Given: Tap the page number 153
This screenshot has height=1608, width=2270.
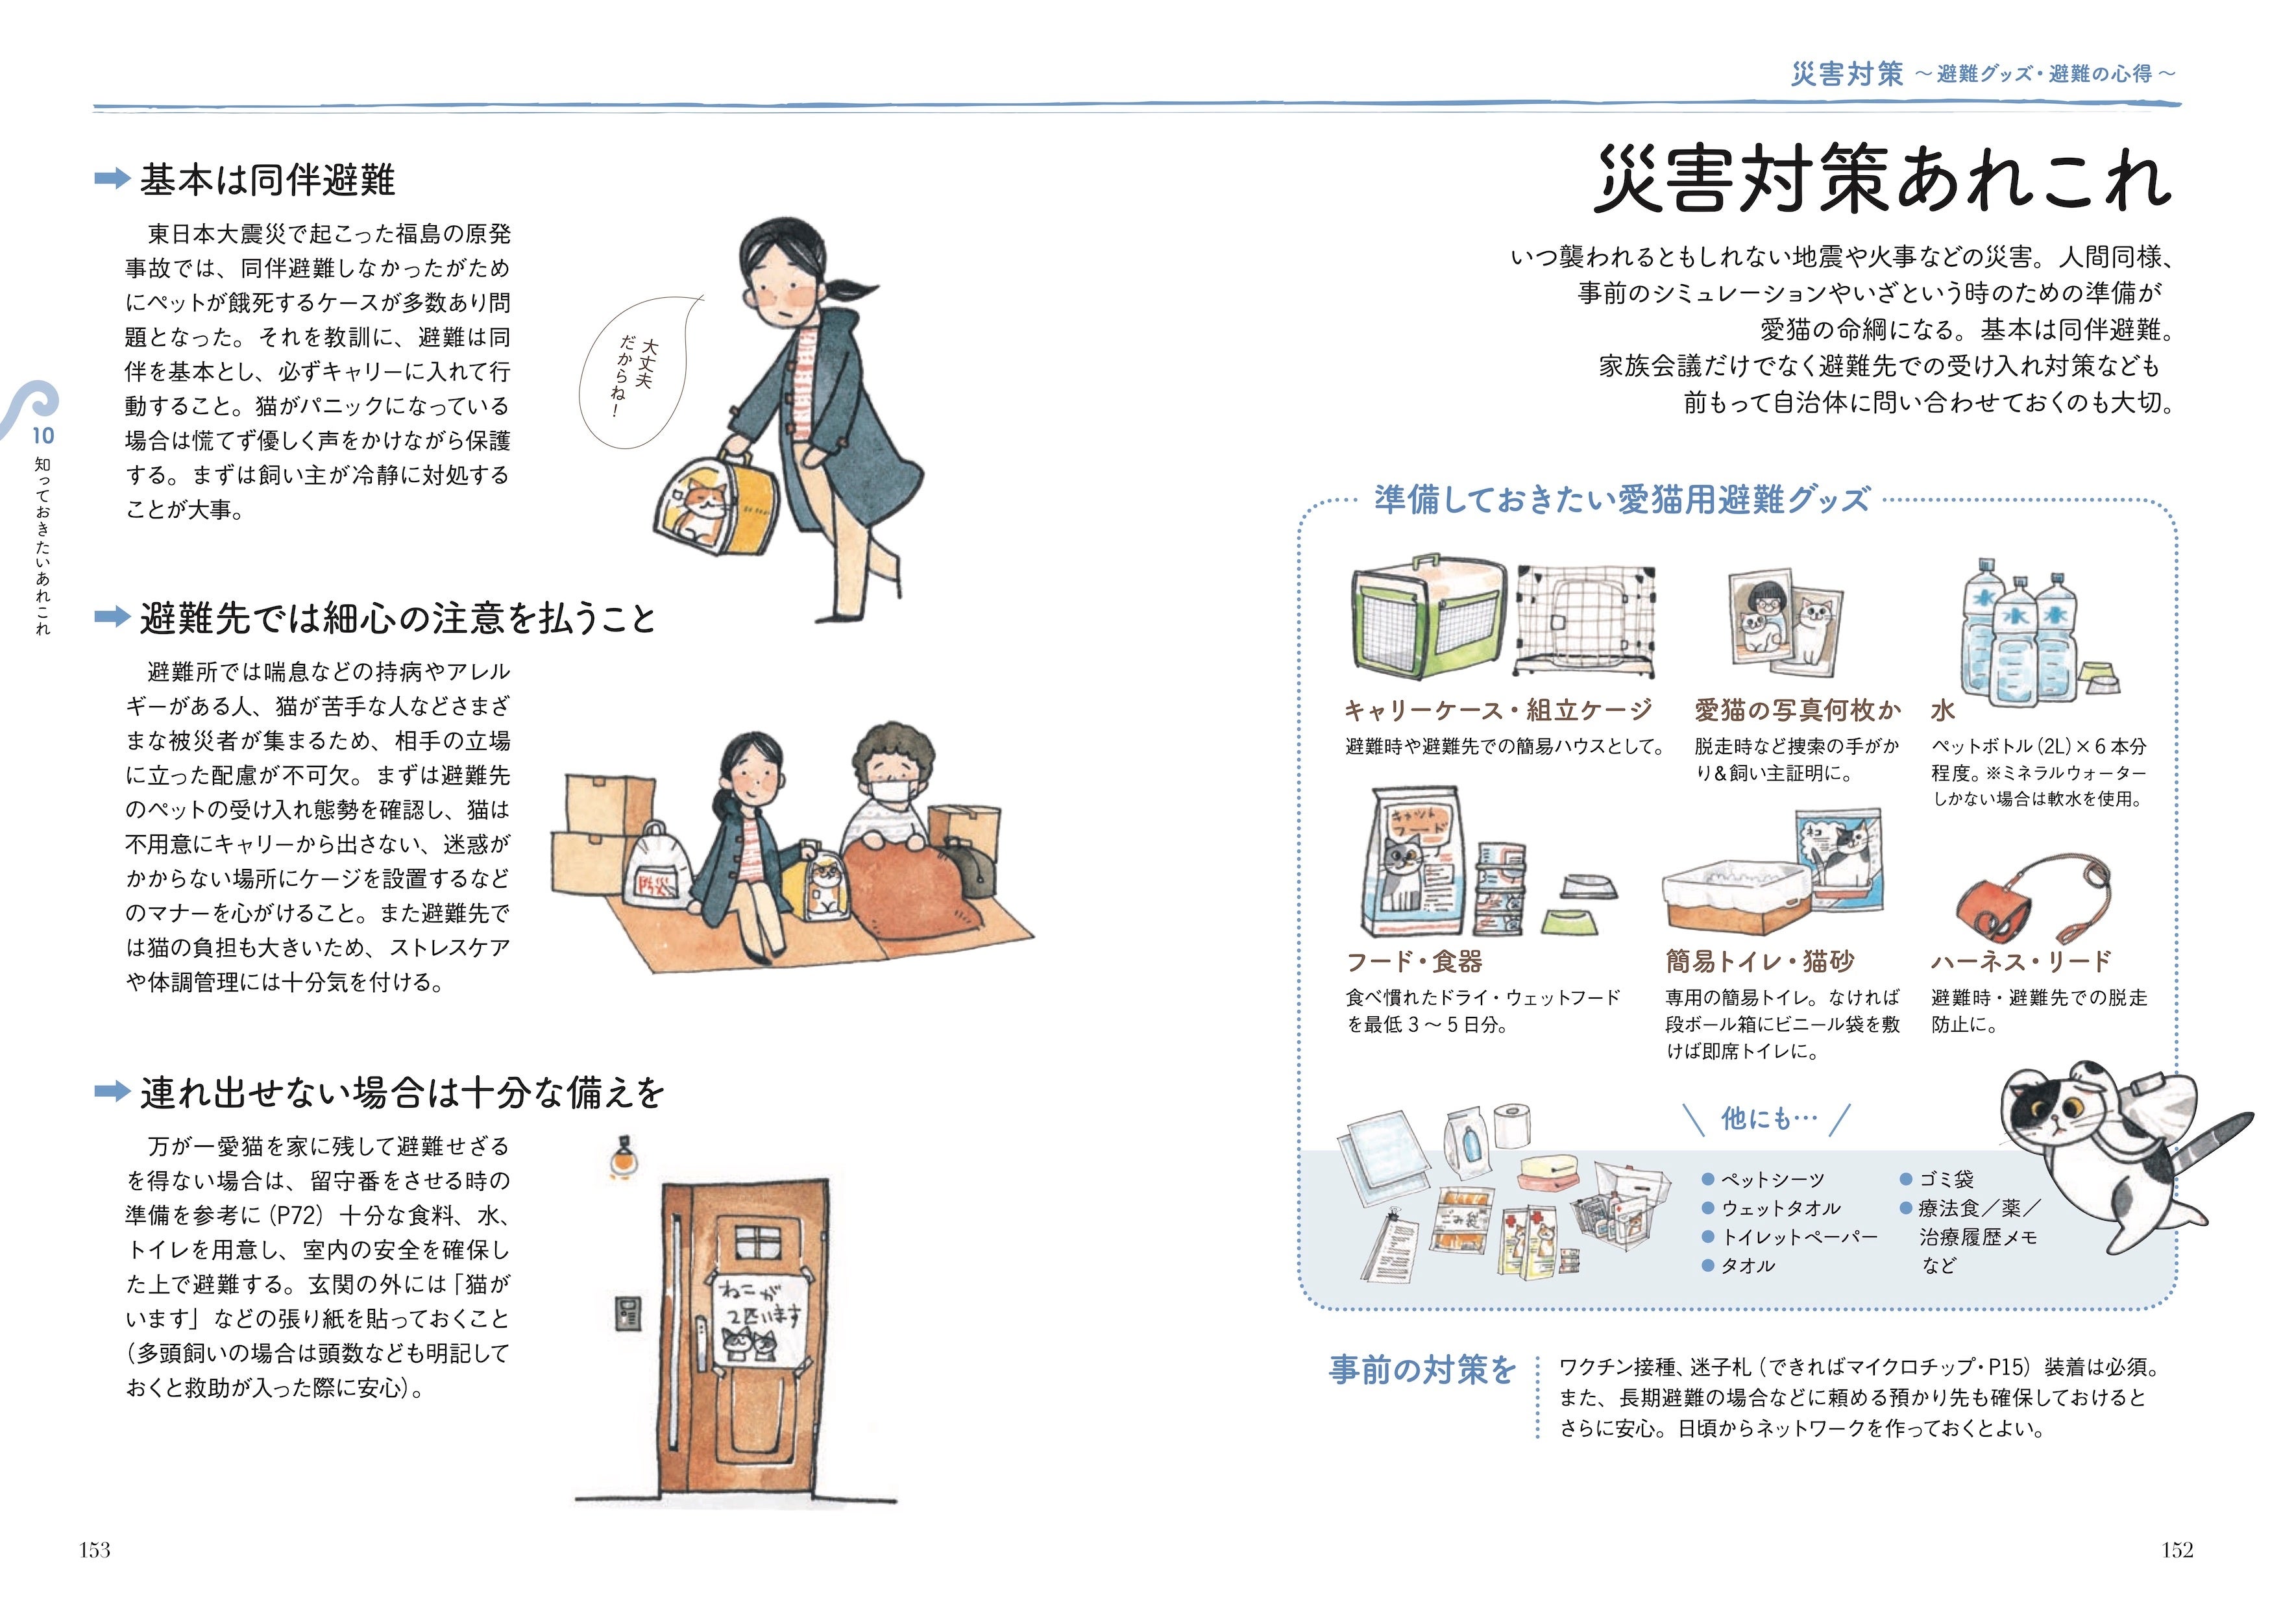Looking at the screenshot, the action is click(95, 1551).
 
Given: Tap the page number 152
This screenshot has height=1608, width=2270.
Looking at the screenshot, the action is click(2177, 1551).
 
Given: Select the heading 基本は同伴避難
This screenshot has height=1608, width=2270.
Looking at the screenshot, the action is click(267, 180).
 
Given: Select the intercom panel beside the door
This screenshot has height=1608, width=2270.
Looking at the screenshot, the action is click(628, 1315).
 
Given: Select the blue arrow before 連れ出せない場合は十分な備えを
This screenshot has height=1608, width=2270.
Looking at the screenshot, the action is click(112, 1092).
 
